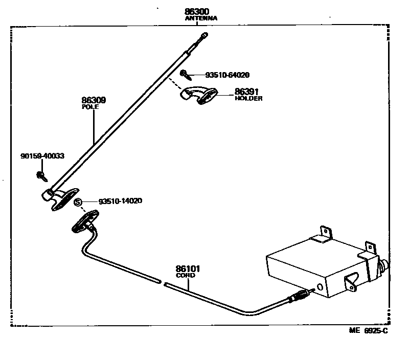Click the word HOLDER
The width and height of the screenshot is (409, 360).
click(x=248, y=99)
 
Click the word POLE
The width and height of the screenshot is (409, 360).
click(x=90, y=108)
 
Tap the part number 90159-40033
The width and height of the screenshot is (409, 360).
click(x=42, y=155)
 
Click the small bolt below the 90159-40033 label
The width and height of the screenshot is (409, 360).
click(x=40, y=176)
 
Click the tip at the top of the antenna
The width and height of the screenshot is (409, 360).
click(x=204, y=35)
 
